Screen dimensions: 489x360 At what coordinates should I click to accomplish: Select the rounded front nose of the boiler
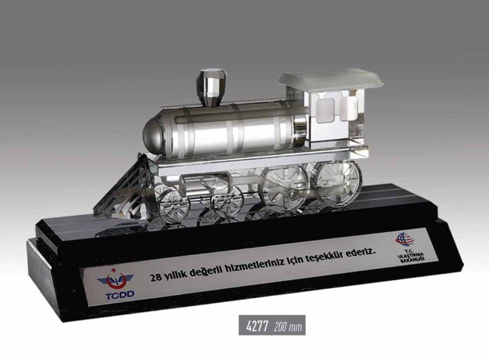coord(153,134)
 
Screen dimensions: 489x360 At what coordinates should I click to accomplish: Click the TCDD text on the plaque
coord(120,294)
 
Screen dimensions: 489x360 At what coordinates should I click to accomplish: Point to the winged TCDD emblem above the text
coord(115,280)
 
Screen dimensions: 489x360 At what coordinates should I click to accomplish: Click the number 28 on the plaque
coord(156,277)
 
